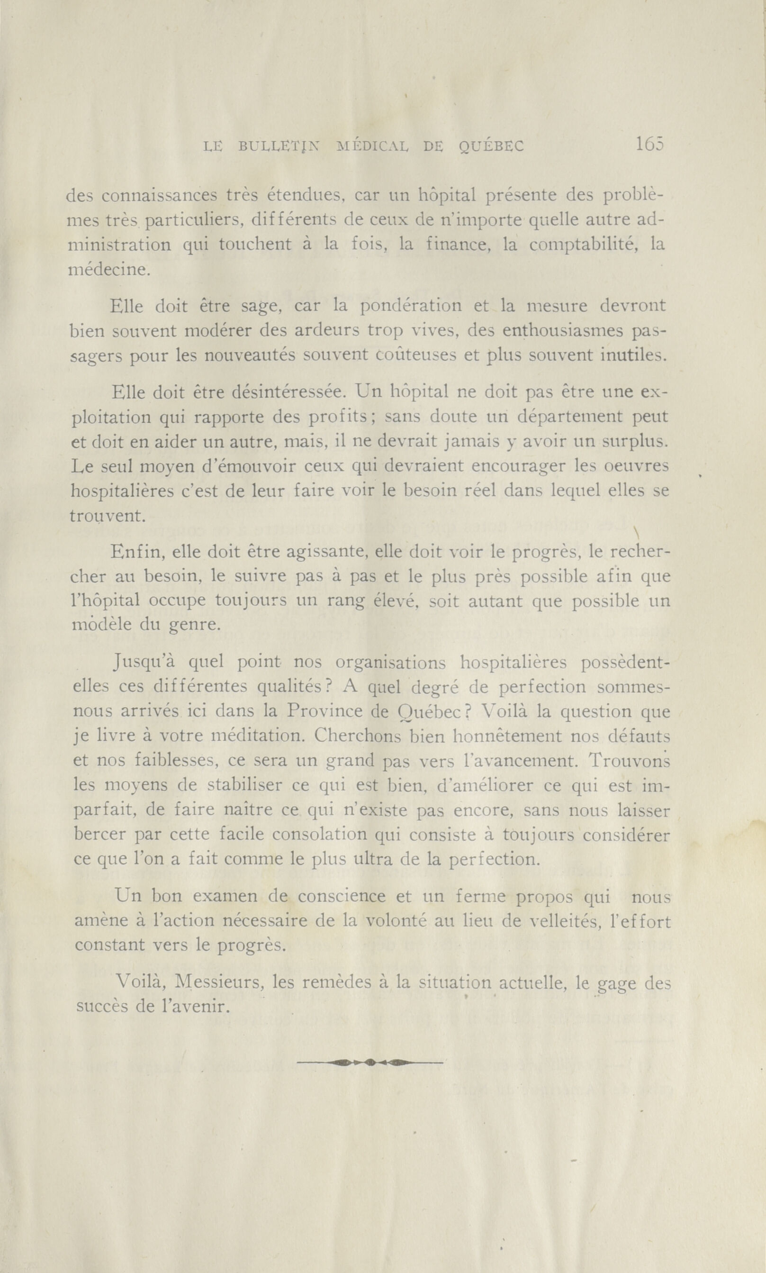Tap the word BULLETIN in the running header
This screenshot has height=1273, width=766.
tap(279, 146)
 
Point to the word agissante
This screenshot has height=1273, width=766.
tap(326, 553)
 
